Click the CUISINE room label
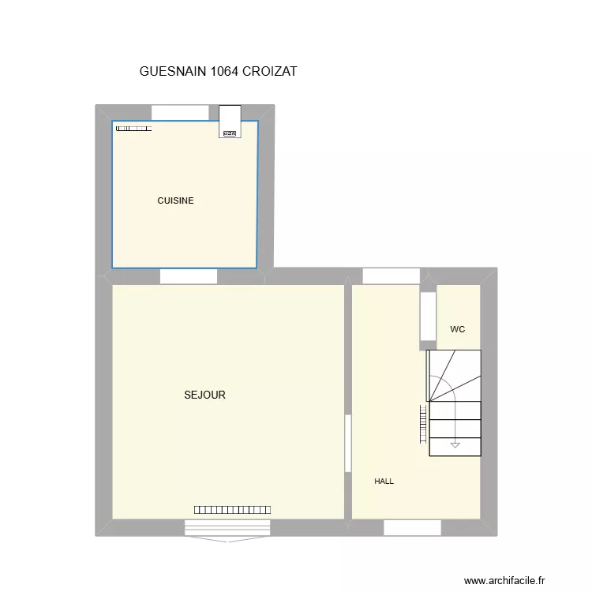click(x=175, y=200)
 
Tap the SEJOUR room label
click(x=204, y=395)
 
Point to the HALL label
click(x=384, y=481)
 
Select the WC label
click(x=458, y=328)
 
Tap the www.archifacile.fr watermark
click(x=504, y=580)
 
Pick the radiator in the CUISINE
click(x=133, y=128)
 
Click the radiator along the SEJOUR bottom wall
click(x=233, y=510)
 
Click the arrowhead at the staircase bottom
click(x=455, y=446)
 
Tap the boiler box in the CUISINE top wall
click(x=230, y=122)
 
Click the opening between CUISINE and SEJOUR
click(x=189, y=276)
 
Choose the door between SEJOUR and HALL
click(x=347, y=444)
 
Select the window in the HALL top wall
click(x=392, y=275)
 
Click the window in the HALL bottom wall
click(x=412, y=527)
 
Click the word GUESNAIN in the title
click(x=174, y=71)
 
